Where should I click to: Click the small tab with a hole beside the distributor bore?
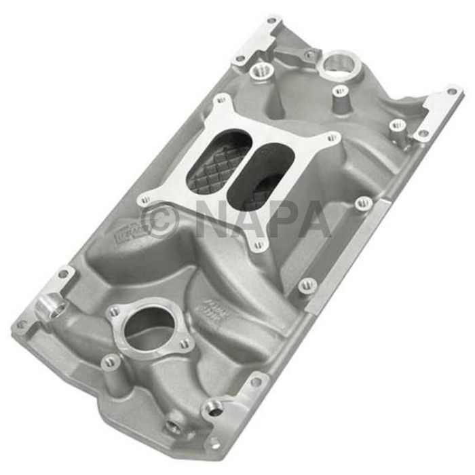(309, 55)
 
